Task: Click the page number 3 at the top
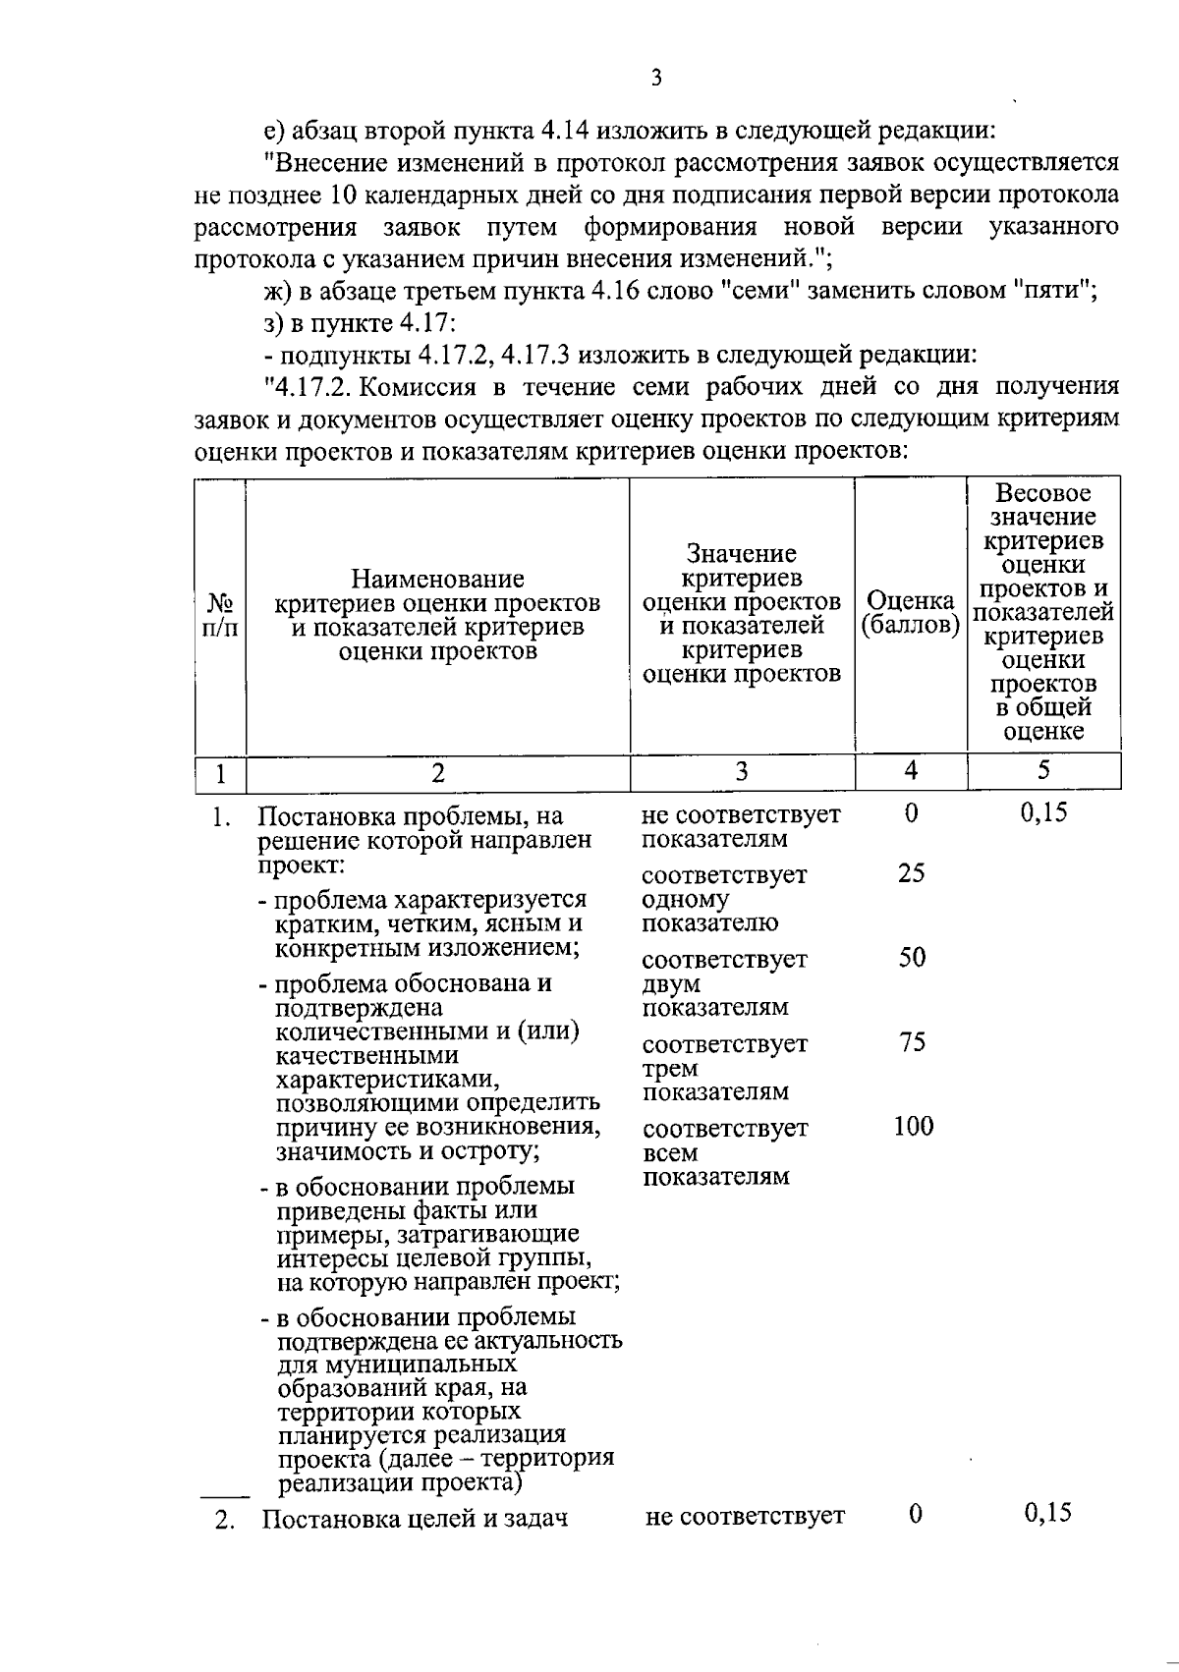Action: (655, 78)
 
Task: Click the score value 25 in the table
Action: (911, 873)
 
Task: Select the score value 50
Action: (912, 958)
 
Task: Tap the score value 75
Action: (912, 1042)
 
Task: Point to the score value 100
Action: (913, 1127)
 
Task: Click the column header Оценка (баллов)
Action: (910, 613)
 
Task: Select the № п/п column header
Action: (220, 615)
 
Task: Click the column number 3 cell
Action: (742, 772)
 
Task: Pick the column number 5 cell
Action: (1043, 771)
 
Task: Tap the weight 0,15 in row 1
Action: (1043, 812)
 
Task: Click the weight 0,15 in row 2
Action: (1047, 1513)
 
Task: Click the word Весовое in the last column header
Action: (1043, 493)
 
